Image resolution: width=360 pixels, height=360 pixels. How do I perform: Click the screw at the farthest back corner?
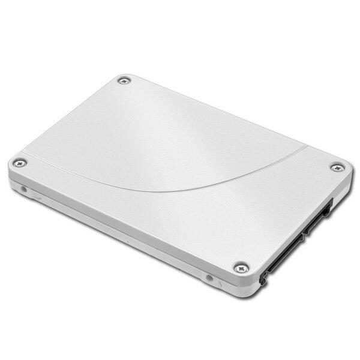(124, 80)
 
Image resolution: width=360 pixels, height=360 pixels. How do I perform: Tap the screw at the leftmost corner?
(20, 162)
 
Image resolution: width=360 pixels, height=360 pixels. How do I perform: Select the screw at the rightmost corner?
(337, 167)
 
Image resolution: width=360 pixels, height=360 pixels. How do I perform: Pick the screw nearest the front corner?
(241, 268)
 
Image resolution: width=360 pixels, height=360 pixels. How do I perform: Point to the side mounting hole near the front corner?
(209, 278)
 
